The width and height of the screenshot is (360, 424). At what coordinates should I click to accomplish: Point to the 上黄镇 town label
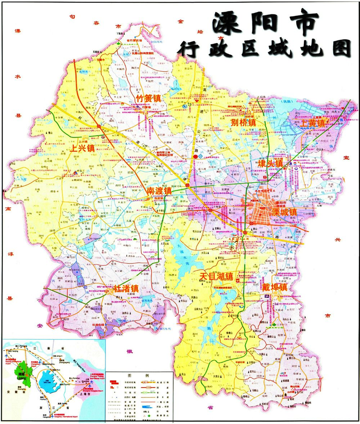tap(313, 122)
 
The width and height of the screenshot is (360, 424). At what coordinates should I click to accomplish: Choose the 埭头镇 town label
tap(271, 164)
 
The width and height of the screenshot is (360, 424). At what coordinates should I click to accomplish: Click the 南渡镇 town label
tap(159, 190)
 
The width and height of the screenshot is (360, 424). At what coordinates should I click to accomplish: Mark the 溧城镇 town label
tap(284, 212)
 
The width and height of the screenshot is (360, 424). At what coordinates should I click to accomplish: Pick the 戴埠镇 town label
tap(275, 288)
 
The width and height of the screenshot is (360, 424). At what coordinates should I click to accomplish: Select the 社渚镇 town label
tap(126, 289)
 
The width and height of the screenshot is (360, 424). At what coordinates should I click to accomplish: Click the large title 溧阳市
tap(265, 22)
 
